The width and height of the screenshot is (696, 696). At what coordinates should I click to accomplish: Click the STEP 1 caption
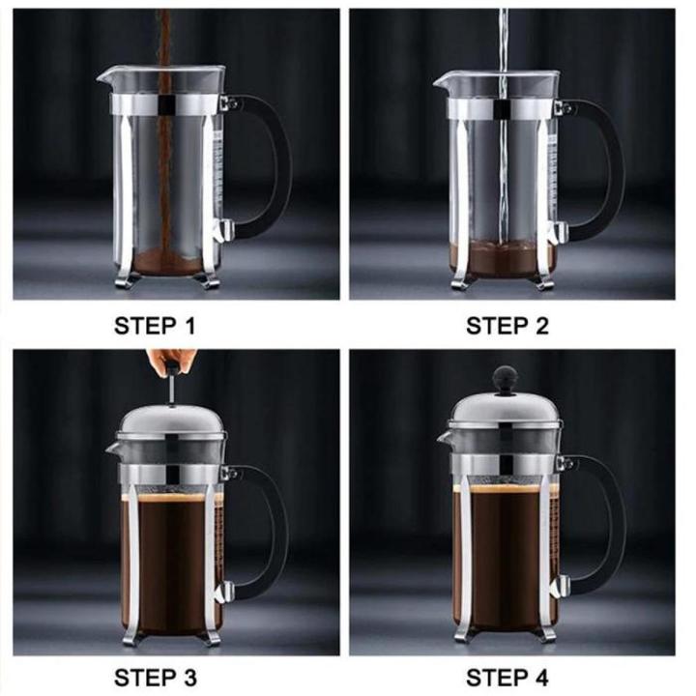tap(155, 326)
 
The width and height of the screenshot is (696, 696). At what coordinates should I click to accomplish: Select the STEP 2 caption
tap(507, 326)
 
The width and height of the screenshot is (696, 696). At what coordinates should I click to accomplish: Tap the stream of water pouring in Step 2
tap(502, 116)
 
